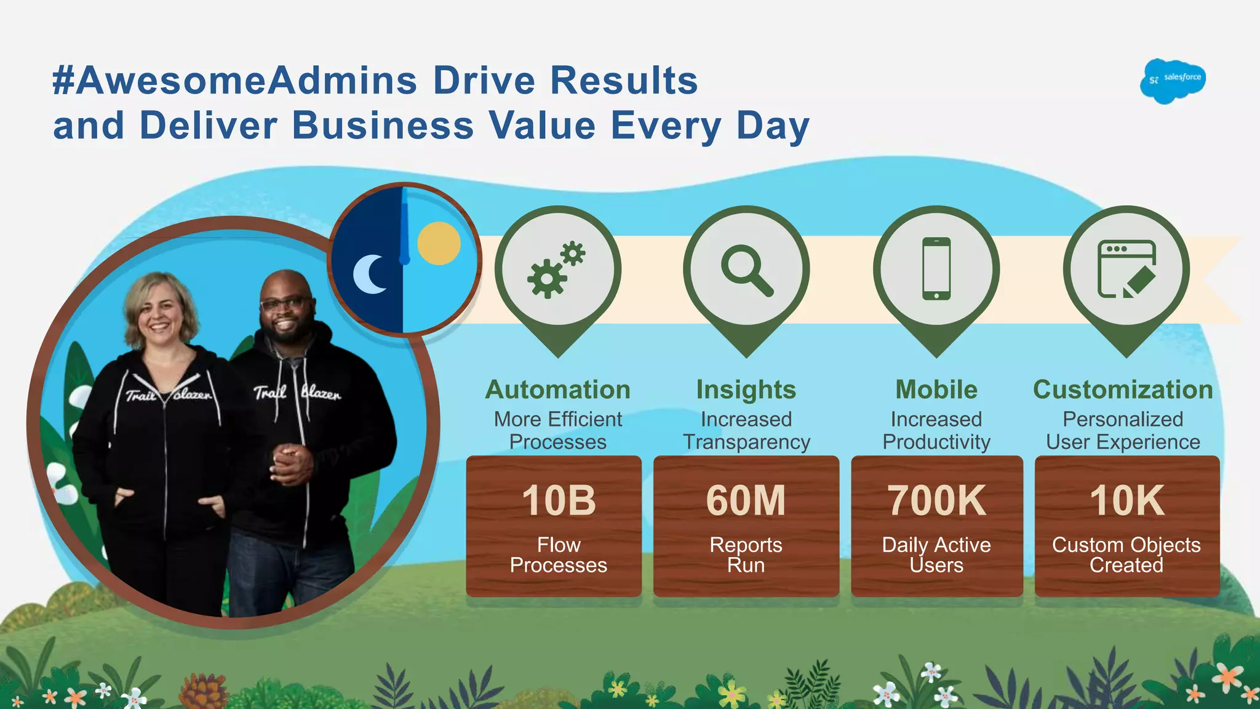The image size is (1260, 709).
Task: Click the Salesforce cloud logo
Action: tap(1173, 81)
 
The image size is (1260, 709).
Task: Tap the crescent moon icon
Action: tap(369, 274)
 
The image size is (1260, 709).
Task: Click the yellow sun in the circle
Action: tap(439, 243)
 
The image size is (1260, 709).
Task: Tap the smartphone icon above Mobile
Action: tap(936, 269)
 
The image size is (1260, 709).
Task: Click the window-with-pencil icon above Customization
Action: tap(1126, 269)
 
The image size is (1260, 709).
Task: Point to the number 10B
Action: tap(559, 500)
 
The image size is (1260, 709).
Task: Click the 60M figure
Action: tap(746, 500)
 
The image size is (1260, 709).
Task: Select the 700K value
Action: tap(936, 500)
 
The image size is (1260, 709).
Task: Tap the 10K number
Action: tap(1126, 500)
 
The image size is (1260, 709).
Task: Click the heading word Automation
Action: tap(558, 390)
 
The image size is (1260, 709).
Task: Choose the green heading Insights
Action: tap(746, 390)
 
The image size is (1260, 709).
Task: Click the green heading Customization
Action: tap(1123, 390)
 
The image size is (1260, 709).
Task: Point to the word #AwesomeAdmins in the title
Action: tap(234, 81)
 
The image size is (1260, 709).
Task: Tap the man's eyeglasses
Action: tap(284, 304)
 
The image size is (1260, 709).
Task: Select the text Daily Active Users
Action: tap(936, 555)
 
